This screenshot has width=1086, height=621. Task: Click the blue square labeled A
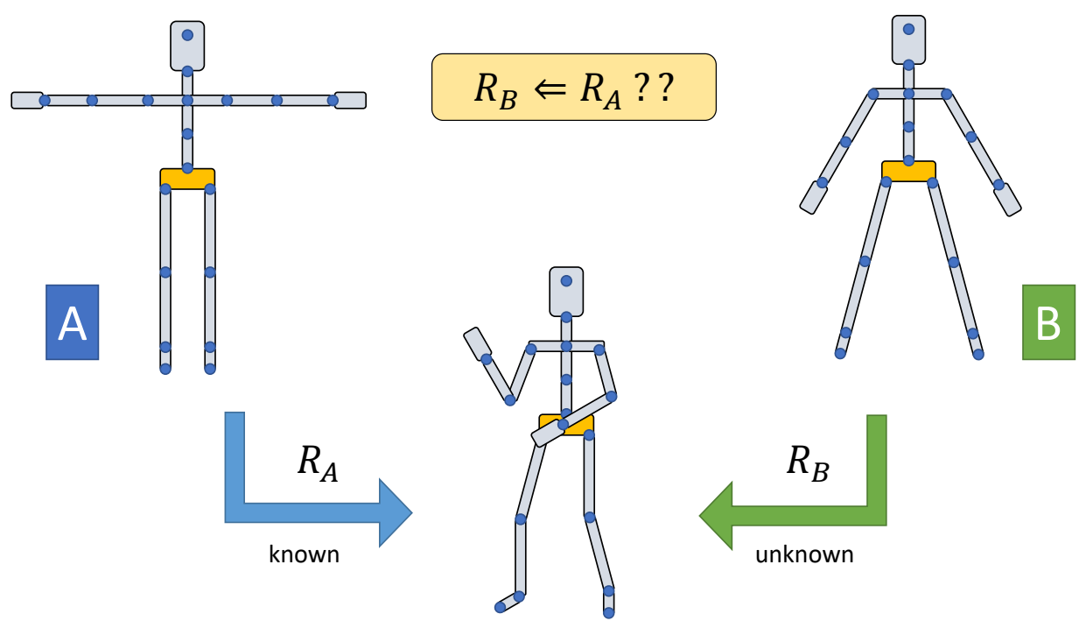(x=72, y=321)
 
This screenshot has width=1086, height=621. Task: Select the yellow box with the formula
(x=573, y=87)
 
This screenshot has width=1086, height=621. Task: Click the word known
(x=304, y=554)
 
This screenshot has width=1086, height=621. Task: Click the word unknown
(x=804, y=554)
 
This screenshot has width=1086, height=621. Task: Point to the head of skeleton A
(x=187, y=46)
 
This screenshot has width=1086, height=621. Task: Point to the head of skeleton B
(x=908, y=39)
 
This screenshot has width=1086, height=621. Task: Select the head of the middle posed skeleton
(x=566, y=292)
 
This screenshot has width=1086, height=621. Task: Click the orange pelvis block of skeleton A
(x=187, y=178)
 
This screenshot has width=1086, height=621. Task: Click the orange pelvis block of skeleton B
(x=908, y=171)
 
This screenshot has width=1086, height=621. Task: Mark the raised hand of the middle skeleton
(x=477, y=343)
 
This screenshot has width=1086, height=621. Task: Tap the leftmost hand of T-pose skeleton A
(x=27, y=100)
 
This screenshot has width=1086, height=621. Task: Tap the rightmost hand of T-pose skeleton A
(x=350, y=100)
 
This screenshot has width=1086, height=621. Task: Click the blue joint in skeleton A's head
(x=187, y=36)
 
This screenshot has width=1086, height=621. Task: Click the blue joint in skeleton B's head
(x=908, y=29)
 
